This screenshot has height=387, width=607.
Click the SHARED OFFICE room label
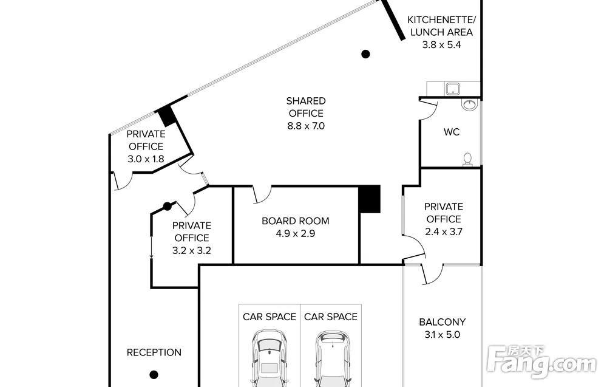tap(306, 107)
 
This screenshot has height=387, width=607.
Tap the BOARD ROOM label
tap(296, 221)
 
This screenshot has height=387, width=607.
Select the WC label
tap(452, 132)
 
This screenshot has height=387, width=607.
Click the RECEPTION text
tap(154, 352)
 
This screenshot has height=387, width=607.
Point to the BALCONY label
tap(442, 322)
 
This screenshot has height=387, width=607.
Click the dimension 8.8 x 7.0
tap(306, 126)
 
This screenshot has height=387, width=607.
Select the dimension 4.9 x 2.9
tap(296, 233)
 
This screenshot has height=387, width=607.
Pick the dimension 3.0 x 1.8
tap(146, 159)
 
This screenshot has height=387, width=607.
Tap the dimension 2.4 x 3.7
tap(444, 231)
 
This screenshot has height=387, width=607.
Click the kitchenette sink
tap(452, 89)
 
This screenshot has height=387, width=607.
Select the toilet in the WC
tap(467, 160)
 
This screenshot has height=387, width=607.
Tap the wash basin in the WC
tap(470, 104)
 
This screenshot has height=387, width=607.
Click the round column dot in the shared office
tap(365, 54)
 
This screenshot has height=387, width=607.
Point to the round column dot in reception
tap(154, 375)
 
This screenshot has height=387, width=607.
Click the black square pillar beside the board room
tap(369, 199)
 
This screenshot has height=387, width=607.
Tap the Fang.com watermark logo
tap(541, 361)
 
